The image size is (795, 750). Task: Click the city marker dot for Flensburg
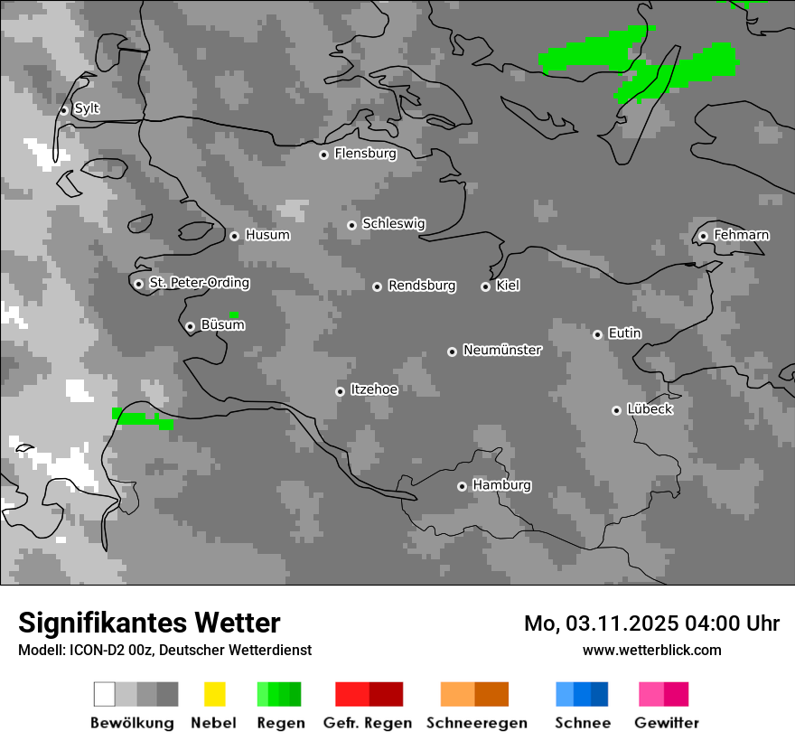(323, 155)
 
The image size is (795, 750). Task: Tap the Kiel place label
(508, 286)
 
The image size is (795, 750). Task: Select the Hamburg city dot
(462, 486)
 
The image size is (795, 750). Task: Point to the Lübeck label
(650, 409)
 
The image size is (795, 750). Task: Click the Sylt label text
(87, 108)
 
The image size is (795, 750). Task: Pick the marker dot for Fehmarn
(703, 236)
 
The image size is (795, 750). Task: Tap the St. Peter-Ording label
(199, 283)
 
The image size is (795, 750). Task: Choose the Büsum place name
(222, 325)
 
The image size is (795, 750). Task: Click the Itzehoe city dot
(340, 391)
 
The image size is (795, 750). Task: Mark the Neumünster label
(502, 350)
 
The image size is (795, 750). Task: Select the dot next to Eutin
(597, 334)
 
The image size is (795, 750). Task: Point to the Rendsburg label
(422, 286)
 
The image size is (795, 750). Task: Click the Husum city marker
(234, 236)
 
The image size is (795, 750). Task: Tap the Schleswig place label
(393, 224)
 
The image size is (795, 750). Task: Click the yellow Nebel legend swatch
(214, 694)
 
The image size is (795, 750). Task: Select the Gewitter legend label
(666, 723)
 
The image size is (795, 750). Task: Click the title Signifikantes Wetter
(149, 623)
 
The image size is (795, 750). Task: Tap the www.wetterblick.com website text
(651, 650)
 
